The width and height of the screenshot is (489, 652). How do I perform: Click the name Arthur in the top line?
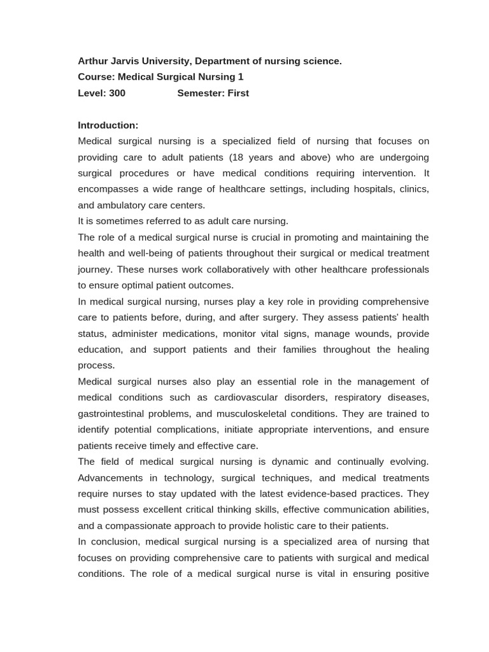[92, 61]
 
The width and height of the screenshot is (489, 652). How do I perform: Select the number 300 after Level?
[117, 93]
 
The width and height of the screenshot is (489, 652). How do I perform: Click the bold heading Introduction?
[108, 125]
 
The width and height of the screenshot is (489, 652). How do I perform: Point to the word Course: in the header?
[97, 77]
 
